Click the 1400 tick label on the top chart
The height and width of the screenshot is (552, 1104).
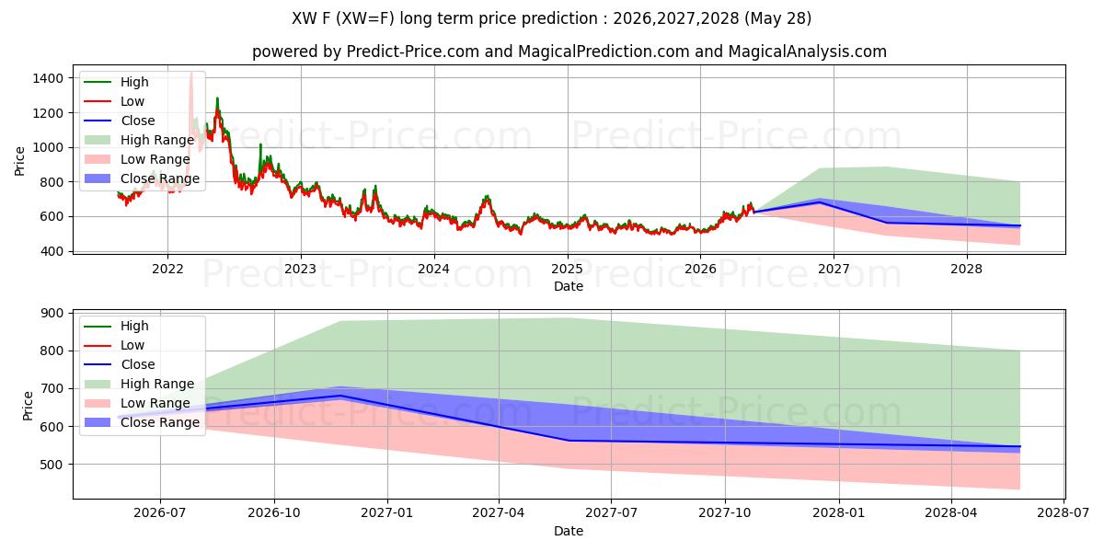48,78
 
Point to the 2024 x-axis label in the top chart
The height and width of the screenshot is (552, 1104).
433,269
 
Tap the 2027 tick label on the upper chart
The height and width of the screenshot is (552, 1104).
834,269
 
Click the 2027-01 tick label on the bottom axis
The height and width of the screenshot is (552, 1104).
387,513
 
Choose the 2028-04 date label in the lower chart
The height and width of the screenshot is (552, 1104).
951,513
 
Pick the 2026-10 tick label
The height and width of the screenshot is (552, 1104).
274,513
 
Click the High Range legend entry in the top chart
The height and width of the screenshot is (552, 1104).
140,140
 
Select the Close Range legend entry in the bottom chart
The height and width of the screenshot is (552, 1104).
142,422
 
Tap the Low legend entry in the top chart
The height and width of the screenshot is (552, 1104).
114,101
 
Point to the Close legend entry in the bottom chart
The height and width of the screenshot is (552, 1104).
120,364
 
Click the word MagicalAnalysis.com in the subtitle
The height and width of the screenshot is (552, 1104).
808,52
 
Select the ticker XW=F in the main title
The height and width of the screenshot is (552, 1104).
367,18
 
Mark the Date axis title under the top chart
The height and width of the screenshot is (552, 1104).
569,286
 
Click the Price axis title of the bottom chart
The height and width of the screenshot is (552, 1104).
28,406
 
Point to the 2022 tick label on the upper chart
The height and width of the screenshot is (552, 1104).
167,269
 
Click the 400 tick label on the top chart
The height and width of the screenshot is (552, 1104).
52,251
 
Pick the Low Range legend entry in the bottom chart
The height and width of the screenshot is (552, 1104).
137,403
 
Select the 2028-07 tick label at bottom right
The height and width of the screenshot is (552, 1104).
1064,513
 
